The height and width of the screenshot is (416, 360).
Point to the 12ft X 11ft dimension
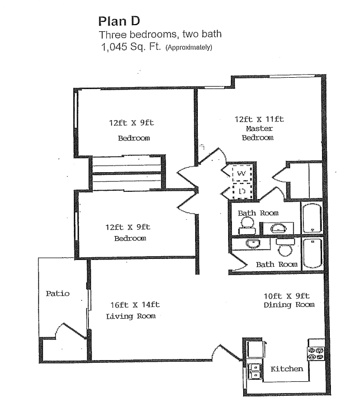[x=259, y=119]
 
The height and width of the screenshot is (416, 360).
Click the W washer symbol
[x=241, y=174]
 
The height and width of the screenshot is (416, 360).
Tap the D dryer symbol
[x=242, y=192]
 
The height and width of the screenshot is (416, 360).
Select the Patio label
[x=58, y=294]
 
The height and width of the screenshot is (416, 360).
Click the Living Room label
[x=130, y=316]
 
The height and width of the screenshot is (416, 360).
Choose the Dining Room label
[x=289, y=305]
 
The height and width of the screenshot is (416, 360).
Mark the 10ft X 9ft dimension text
[x=286, y=295]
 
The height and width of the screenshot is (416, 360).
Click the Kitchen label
[x=287, y=369]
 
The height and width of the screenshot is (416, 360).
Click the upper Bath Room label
[x=258, y=213]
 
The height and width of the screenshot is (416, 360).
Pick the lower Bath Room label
[x=276, y=264]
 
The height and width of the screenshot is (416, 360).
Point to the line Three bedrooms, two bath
[x=160, y=35]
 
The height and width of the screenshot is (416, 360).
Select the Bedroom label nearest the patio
[x=130, y=238]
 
